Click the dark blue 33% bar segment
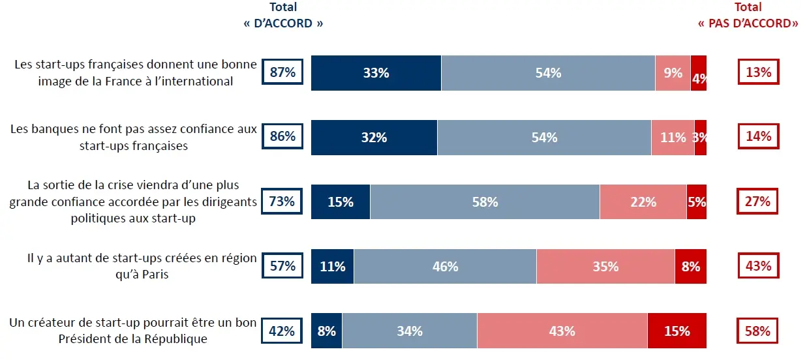(376, 73)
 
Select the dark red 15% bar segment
(677, 331)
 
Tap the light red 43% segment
(562, 331)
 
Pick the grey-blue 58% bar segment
(485, 202)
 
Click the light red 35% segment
(605, 267)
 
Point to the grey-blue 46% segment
(445, 267)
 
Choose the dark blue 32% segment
(374, 138)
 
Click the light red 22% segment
(643, 202)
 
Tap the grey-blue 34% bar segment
(409, 331)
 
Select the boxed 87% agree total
(282, 72)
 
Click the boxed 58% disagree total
(758, 331)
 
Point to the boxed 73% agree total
(282, 202)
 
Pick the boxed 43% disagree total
(758, 267)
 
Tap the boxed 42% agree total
(282, 331)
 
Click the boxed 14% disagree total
(758, 137)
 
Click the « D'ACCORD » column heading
(282, 23)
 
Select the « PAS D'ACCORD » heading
(748, 23)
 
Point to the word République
(177, 339)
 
